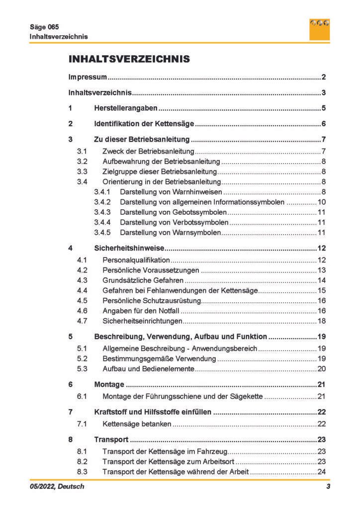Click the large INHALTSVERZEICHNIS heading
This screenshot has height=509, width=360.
pos(129,59)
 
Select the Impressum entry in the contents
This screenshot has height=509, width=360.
pos(88,77)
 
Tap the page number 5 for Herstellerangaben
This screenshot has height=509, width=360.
pos(323,108)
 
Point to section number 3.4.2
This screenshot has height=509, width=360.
pos(102,202)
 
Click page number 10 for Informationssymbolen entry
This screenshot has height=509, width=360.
pos(321,202)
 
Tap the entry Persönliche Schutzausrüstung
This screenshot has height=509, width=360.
pos(151,301)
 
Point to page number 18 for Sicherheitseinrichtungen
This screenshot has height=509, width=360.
pos(321,321)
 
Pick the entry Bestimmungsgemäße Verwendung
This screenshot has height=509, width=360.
pos(159,358)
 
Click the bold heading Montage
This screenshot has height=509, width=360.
pos(109,384)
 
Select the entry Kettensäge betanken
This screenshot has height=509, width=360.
pos(137,424)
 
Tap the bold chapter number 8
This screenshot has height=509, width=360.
pos(71,439)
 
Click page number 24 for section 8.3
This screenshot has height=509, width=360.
pos(321,471)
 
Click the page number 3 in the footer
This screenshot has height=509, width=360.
pos(328,487)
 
